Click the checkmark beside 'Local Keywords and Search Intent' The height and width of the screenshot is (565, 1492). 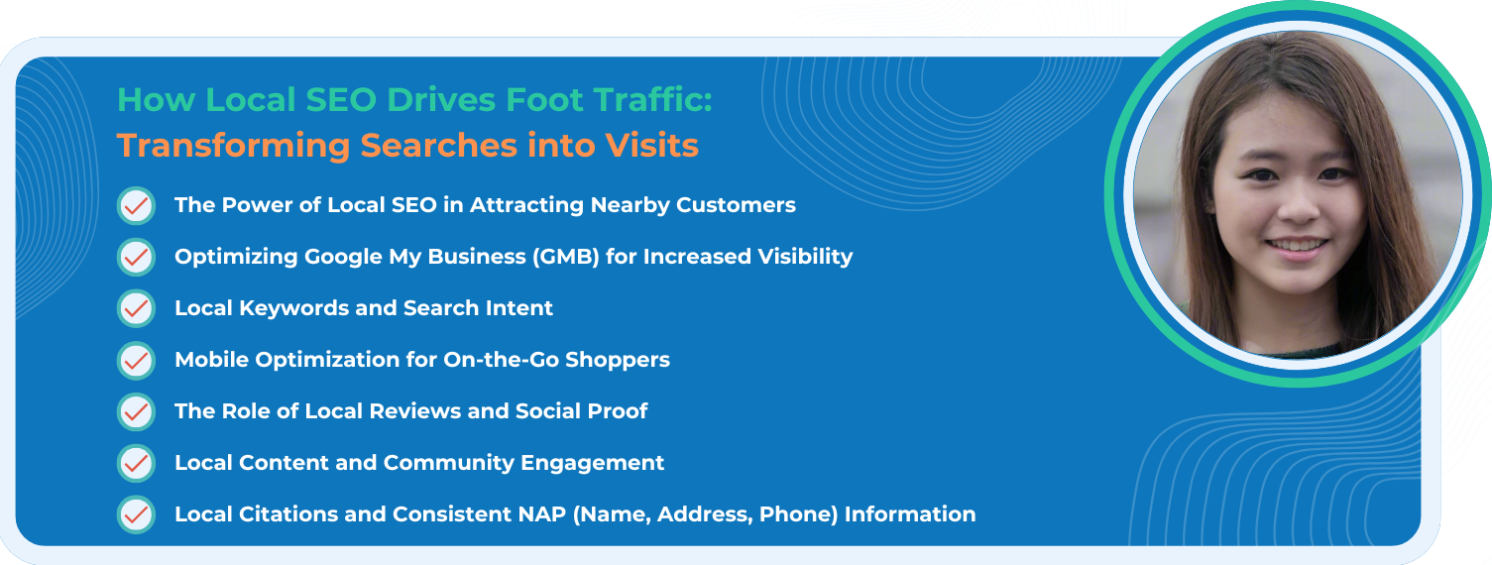click(137, 308)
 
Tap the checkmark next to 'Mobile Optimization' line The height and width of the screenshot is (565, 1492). click(137, 361)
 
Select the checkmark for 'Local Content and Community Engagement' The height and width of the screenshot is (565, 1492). click(137, 463)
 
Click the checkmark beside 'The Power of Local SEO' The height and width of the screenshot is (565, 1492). click(137, 206)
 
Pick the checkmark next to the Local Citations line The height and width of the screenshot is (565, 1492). click(137, 515)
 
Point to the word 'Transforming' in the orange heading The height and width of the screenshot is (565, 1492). click(233, 146)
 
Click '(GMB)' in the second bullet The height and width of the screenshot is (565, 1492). click(566, 257)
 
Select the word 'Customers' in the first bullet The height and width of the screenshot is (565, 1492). click(736, 205)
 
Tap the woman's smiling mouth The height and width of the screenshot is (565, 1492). click(1296, 248)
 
